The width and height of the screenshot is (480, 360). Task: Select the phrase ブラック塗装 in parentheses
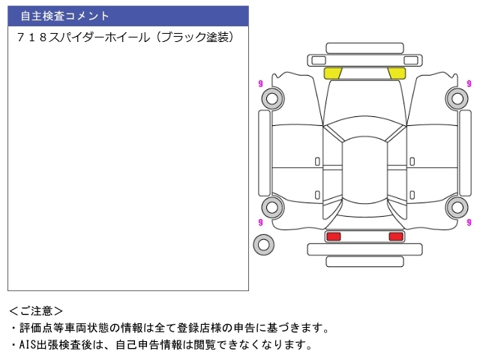(197, 37)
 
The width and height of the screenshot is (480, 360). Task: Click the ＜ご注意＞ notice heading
(36, 310)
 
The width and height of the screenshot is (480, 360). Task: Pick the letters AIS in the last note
(28, 345)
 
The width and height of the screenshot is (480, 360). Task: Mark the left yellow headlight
(332, 73)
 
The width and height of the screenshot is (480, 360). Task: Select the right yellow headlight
(397, 73)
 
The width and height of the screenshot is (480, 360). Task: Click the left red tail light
(333, 236)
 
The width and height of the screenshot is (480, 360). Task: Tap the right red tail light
(396, 236)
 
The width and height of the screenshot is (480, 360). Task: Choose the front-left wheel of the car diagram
(271, 97)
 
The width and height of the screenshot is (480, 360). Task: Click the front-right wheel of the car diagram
(457, 97)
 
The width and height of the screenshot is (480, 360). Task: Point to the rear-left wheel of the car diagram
(271, 207)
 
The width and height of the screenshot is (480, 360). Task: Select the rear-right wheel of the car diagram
(457, 207)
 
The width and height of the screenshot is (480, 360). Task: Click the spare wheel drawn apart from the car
(263, 244)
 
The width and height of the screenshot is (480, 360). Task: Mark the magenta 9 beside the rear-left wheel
(260, 222)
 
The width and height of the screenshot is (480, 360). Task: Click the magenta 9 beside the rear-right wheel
(469, 222)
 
